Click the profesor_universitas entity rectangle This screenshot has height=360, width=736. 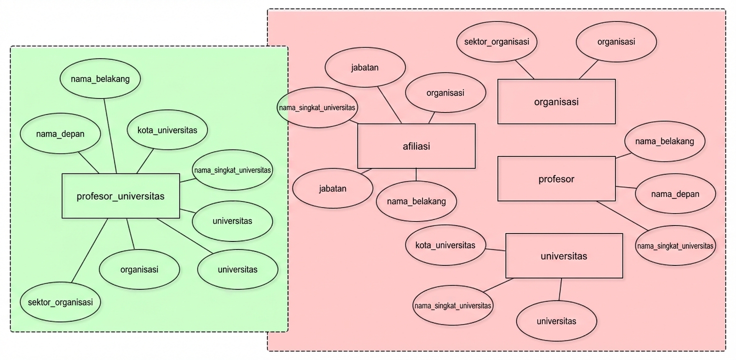(x=120, y=196)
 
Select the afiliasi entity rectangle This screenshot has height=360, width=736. (x=416, y=146)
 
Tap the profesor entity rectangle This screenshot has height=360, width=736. (x=556, y=178)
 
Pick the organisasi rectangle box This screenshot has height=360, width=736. (x=556, y=101)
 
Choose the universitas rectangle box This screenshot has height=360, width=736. (x=564, y=256)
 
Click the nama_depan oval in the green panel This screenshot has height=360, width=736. (x=60, y=134)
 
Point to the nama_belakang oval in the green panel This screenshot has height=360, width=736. (x=100, y=78)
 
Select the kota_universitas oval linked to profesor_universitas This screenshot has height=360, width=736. (x=167, y=130)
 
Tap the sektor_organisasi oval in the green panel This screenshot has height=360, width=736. (x=60, y=302)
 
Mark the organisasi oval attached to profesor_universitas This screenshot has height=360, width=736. (x=139, y=269)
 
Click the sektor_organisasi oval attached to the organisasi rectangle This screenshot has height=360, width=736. (x=496, y=41)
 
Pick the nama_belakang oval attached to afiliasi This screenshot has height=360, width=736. (x=416, y=201)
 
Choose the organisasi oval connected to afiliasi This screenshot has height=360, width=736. (x=445, y=93)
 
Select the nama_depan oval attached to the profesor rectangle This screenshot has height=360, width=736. (x=675, y=193)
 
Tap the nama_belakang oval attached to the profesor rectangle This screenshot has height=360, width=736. (x=664, y=141)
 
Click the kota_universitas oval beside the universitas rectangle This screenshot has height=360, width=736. (x=445, y=245)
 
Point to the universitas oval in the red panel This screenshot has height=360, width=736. (x=556, y=321)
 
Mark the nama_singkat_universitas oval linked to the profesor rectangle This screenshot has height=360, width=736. (x=675, y=246)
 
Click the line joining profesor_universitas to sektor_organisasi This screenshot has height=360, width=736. (x=90, y=250)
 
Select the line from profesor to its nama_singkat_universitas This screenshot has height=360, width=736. (x=622, y=216)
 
